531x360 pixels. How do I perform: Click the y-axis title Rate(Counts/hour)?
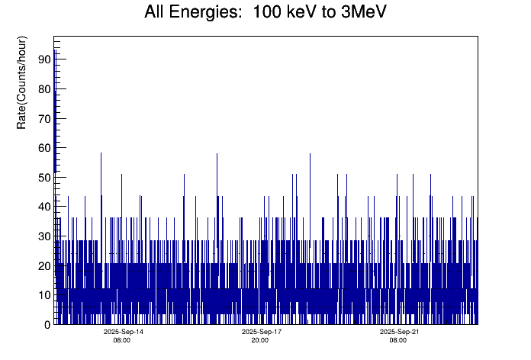tap(22, 82)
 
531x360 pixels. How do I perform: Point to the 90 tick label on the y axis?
tap(43, 59)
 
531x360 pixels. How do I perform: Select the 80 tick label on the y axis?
tap(43, 89)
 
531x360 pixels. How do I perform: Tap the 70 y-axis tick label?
tap(43, 118)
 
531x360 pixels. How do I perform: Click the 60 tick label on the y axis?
tap(43, 148)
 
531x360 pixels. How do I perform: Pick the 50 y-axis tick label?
tap(43, 178)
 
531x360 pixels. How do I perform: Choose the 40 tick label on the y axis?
tap(43, 207)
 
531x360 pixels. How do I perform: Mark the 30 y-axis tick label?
tap(43, 236)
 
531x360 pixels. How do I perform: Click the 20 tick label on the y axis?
tap(43, 266)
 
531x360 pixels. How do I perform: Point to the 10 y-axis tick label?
tap(43, 295)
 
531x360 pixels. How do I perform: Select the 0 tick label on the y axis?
tap(47, 325)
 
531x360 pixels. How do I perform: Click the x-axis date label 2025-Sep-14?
tap(123, 333)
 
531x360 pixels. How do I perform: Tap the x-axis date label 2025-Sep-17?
tap(262, 333)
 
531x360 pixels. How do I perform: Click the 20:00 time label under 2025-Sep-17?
tap(260, 340)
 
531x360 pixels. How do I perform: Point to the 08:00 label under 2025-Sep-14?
tap(122, 340)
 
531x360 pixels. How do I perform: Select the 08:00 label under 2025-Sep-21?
tap(398, 340)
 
